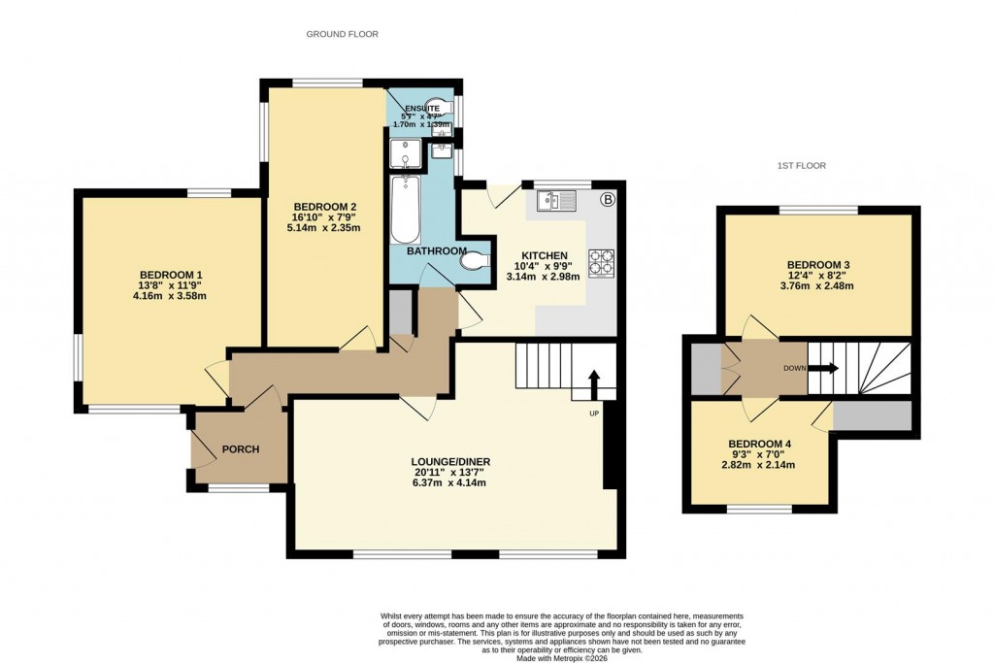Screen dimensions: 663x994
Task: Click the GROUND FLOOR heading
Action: tap(342, 34)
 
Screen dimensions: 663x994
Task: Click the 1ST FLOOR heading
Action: tap(801, 166)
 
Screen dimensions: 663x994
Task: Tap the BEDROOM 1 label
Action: tap(171, 274)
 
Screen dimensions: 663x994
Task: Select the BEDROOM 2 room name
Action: tap(327, 206)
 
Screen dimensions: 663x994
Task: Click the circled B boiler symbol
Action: tap(609, 201)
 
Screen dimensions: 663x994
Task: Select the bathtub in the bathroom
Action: tap(405, 210)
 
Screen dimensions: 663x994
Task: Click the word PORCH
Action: tap(240, 449)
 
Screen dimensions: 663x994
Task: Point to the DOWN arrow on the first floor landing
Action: tap(822, 369)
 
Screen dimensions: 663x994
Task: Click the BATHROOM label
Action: tap(436, 251)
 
